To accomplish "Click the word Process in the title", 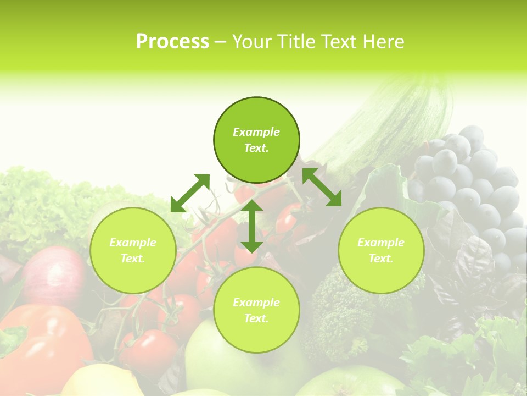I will point(172,42).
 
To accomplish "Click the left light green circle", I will point(133,250).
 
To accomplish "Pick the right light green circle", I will point(381,250).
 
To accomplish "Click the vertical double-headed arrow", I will point(251,226).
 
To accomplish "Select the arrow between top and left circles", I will point(190,193).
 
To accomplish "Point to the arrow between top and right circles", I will point(322,187).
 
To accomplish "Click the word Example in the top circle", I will point(256,132).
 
